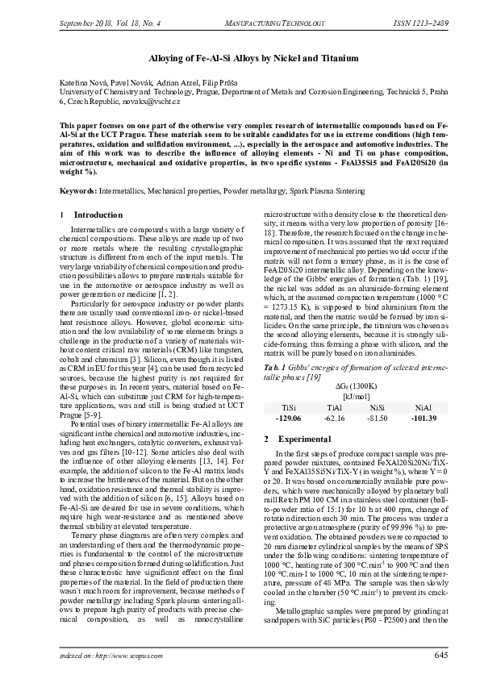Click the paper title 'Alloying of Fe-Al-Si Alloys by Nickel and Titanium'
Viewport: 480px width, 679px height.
point(240,59)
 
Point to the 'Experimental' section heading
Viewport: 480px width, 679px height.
point(303,439)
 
